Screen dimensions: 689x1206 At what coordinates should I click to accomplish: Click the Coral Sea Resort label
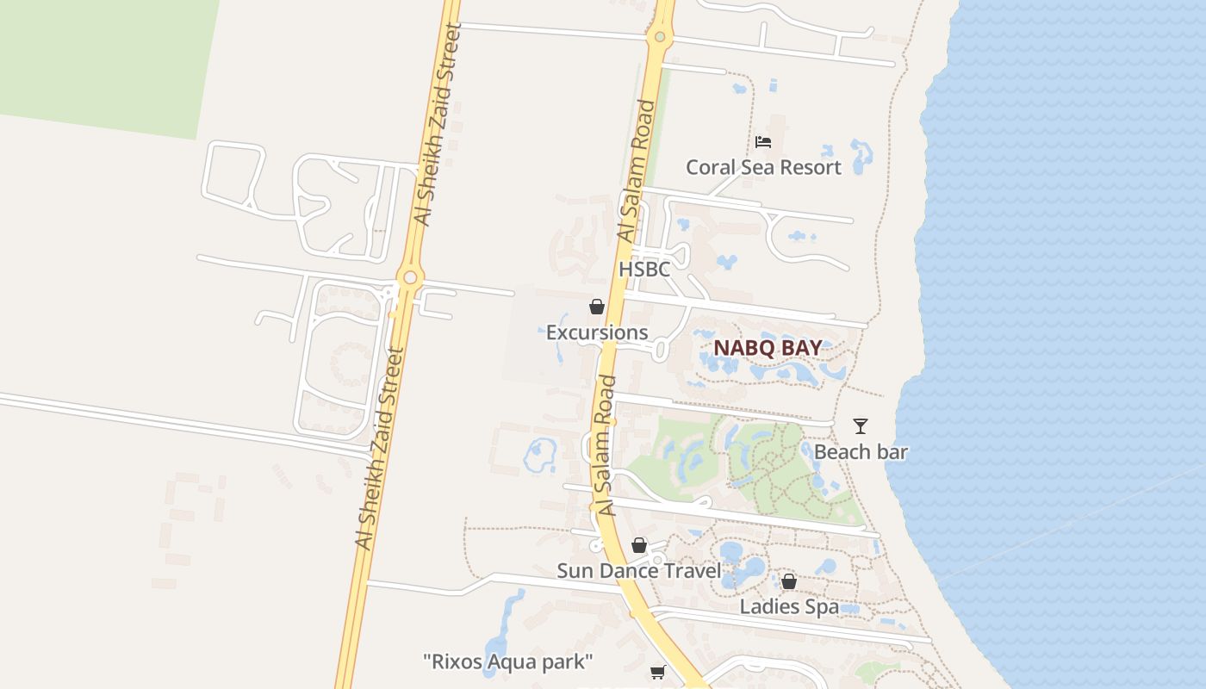(763, 167)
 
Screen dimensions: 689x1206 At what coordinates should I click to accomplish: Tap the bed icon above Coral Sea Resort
(762, 142)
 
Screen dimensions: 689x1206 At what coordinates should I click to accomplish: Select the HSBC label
(644, 269)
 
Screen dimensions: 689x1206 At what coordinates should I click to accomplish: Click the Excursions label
(597, 332)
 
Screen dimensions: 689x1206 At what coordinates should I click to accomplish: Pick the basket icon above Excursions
(596, 307)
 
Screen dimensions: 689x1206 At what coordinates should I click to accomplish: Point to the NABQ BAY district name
(767, 348)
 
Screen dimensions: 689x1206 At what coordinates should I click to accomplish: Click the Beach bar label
(861, 451)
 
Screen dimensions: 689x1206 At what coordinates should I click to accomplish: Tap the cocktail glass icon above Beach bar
(860, 425)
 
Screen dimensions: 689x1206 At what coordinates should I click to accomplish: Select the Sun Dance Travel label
(638, 570)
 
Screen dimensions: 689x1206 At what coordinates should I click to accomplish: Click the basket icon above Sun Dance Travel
(638, 545)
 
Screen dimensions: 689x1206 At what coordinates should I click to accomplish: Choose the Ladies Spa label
(789, 606)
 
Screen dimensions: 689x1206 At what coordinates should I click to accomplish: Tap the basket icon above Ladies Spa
(788, 581)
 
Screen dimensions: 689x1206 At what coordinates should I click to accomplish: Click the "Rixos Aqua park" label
(508, 661)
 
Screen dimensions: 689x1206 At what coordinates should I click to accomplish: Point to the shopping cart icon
(658, 671)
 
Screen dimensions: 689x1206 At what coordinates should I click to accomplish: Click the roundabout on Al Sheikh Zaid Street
(409, 277)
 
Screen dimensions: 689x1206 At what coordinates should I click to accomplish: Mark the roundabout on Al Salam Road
(660, 37)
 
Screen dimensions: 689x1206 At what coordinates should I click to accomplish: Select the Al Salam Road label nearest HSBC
(636, 172)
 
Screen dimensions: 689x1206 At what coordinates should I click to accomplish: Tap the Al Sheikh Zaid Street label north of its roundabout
(439, 125)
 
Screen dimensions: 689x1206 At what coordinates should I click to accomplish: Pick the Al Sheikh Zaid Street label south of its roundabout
(379, 448)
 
